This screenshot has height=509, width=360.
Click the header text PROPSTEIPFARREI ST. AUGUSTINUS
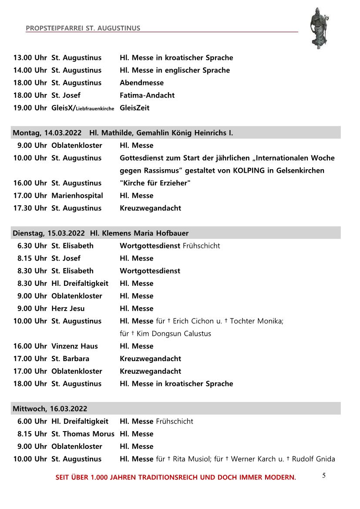click(x=83, y=28)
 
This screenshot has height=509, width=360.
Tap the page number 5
click(x=324, y=476)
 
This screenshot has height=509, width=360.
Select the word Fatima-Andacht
click(x=147, y=95)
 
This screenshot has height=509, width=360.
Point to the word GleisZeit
click(x=135, y=108)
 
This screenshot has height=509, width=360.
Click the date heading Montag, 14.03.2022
click(x=47, y=133)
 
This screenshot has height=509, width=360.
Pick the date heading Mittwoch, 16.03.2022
click(x=50, y=409)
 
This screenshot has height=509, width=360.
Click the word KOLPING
click(x=243, y=171)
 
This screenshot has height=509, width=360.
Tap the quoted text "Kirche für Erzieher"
click(x=155, y=183)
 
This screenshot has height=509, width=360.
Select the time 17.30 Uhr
click(x=30, y=208)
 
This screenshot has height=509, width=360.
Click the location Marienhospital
click(x=77, y=196)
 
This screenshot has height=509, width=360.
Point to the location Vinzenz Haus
click(x=74, y=346)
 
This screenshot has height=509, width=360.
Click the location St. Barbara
click(x=70, y=359)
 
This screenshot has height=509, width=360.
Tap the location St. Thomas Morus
click(x=83, y=434)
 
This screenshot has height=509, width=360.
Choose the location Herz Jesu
click(x=68, y=308)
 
